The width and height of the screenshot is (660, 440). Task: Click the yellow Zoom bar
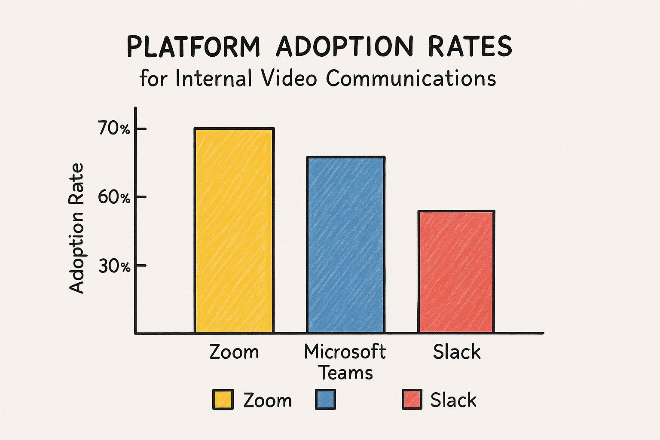[x=234, y=230]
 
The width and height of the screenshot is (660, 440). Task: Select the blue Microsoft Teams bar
[x=345, y=245]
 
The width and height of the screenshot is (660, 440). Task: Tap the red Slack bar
[x=456, y=272]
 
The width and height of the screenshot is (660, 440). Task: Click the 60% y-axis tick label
[x=114, y=198]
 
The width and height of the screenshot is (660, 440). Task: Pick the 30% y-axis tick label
[x=114, y=266]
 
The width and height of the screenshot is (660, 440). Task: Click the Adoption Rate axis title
[x=77, y=229]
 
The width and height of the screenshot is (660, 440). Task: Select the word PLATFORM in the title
[x=194, y=46]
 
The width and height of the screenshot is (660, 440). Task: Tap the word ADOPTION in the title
[x=342, y=46]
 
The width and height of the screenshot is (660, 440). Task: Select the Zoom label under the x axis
[x=234, y=351]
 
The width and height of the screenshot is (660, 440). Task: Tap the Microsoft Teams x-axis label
[x=345, y=362]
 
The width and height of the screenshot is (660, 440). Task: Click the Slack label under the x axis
[x=456, y=351]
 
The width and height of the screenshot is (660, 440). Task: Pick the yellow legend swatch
[x=223, y=400]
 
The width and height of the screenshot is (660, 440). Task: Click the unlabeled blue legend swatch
[x=326, y=400]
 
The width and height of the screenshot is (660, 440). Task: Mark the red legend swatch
[x=412, y=400]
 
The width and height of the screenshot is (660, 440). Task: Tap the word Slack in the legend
[x=453, y=400]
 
